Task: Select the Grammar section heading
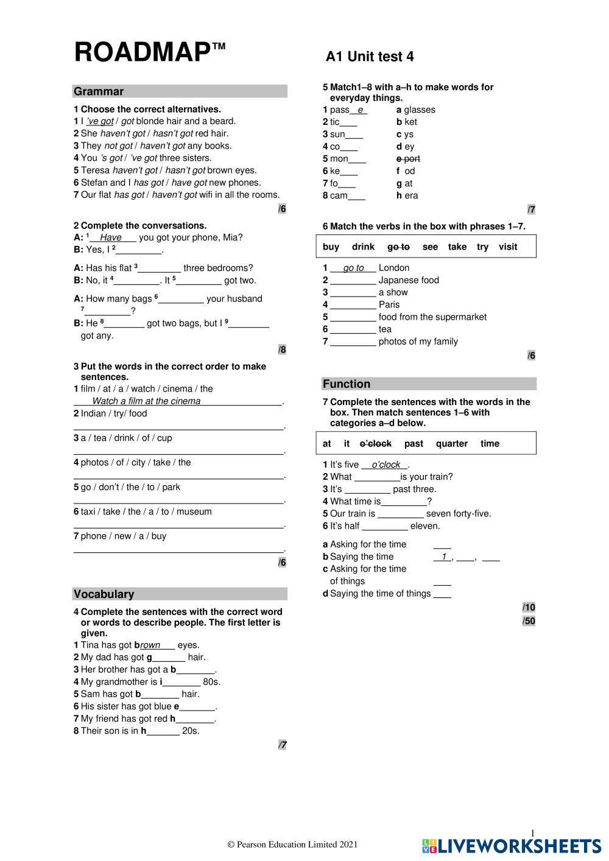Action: pos(99,91)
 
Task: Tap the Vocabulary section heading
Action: pos(104,594)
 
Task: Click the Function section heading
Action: pos(346,384)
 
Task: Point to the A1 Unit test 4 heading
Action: pos(370,57)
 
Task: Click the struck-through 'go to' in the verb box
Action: pos(398,247)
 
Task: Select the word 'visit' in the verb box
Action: pos(507,247)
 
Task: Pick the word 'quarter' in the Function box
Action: pos(451,443)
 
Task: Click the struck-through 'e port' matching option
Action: pos(408,159)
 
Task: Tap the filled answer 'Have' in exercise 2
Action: pos(111,237)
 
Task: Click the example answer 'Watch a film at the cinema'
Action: pos(146,401)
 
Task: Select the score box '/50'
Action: pos(529,620)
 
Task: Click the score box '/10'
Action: pos(529,607)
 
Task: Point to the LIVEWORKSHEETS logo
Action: pos(511,845)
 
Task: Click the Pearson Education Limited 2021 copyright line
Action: pos(292,844)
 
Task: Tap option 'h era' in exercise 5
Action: pos(407,195)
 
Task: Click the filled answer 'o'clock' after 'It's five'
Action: pos(385,465)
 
